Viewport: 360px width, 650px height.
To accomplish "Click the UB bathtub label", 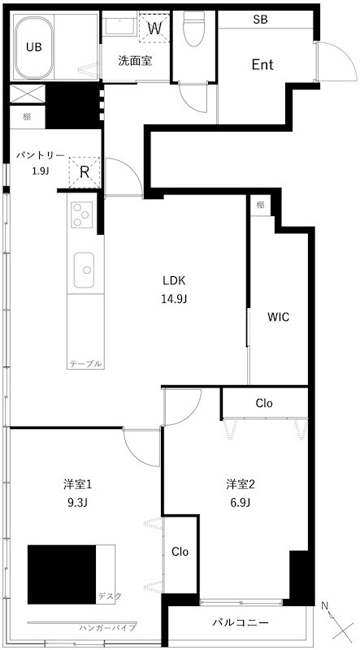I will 34,47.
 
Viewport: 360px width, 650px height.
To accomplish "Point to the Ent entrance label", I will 262,65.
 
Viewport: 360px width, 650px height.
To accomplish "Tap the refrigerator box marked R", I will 84,172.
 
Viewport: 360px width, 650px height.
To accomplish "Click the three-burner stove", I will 82,214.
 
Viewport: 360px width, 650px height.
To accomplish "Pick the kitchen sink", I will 84,269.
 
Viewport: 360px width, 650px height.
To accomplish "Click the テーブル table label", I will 85,364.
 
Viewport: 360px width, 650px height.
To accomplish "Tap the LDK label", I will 174,281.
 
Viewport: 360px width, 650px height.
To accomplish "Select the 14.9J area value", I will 174,298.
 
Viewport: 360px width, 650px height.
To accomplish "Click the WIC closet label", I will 279,317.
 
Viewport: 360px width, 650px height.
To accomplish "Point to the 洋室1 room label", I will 78,485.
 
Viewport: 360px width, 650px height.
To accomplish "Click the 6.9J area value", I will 241,502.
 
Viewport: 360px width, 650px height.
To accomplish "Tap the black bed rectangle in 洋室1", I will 62,572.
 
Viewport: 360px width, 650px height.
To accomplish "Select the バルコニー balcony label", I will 241,623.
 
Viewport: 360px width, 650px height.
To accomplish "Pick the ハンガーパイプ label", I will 107,628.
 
